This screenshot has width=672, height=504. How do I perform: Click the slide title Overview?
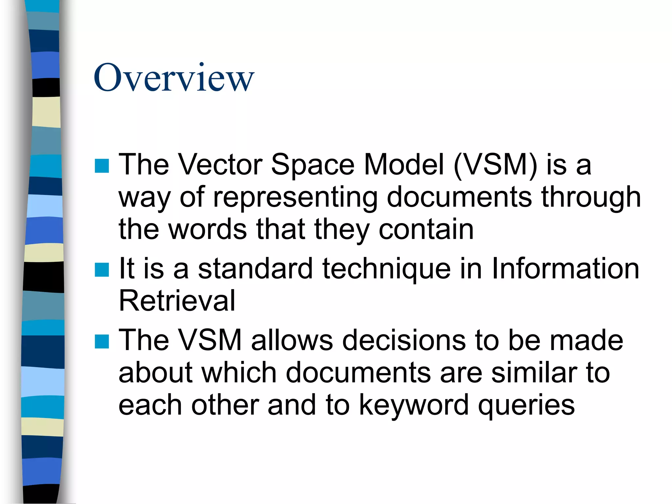174,78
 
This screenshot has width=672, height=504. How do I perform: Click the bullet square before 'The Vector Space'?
102,166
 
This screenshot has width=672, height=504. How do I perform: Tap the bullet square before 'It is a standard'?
102,270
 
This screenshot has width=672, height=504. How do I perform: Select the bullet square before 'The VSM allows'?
102,341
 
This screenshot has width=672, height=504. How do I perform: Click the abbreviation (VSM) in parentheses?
495,165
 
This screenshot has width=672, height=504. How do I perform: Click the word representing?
295,198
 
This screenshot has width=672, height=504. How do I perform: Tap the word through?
591,198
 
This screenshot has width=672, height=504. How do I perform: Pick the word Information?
565,268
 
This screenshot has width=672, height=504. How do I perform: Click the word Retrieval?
177,301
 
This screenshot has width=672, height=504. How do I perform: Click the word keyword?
413,406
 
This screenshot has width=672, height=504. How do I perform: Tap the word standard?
255,268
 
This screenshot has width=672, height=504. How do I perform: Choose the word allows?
292,340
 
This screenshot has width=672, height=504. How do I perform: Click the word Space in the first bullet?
313,165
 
